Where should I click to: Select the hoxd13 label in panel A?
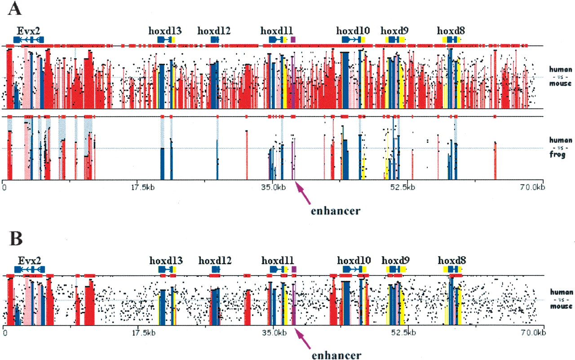click(165, 31)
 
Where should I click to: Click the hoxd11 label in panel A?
click(277, 31)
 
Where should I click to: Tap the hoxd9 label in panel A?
click(395, 31)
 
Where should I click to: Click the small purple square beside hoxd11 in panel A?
click(293, 40)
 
